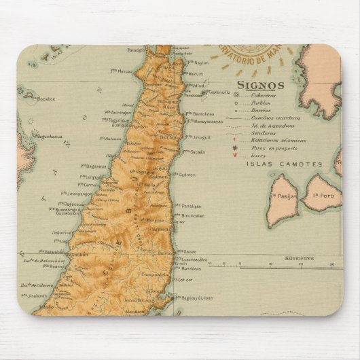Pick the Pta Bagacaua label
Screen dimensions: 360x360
click(93, 165)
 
